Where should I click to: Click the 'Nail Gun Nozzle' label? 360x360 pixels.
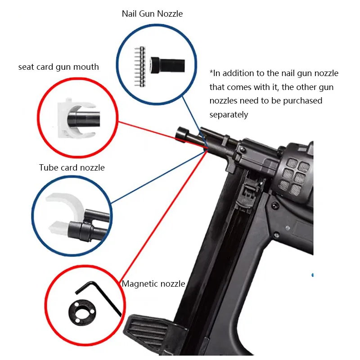click(x=152, y=13)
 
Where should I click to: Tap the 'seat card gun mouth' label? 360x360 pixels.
click(x=58, y=67)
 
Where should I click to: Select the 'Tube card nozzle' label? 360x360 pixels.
click(x=72, y=168)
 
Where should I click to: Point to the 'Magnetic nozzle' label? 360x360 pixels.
click(x=153, y=283)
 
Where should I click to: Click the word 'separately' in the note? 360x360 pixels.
click(x=229, y=115)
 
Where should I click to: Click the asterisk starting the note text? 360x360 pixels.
click(x=211, y=73)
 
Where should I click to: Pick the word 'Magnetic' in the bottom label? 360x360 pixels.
click(x=138, y=283)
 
